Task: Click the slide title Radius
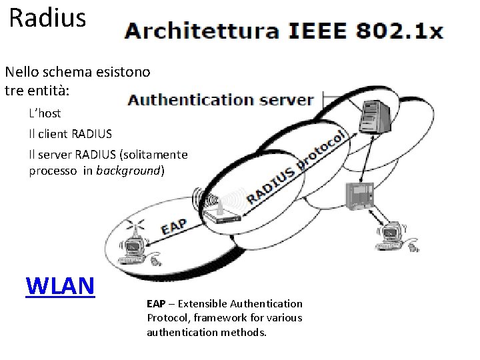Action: [x=48, y=18]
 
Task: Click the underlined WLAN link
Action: [x=60, y=285]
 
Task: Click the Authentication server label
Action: [x=220, y=100]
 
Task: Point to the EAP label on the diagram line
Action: [x=173, y=226]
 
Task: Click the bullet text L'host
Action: [x=45, y=113]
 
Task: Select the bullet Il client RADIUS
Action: [x=65, y=133]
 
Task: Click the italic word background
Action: [x=129, y=171]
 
